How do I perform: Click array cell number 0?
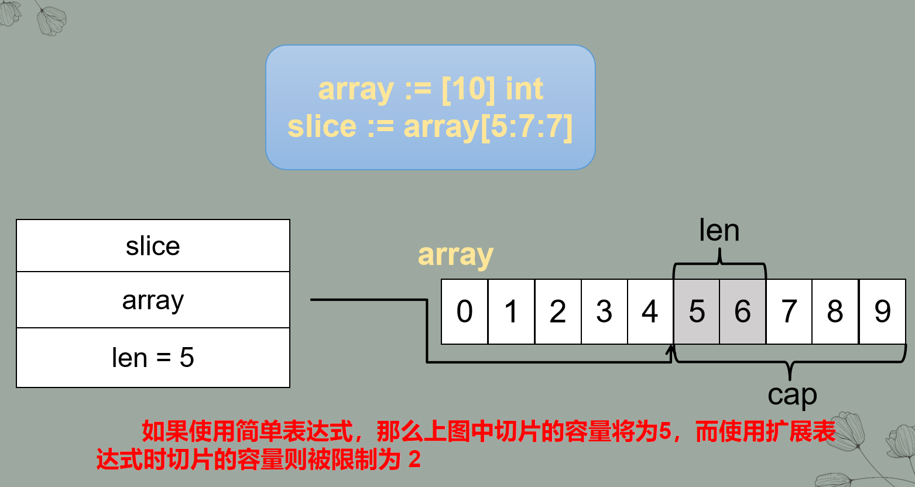click(x=464, y=311)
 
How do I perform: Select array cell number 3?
click(x=604, y=311)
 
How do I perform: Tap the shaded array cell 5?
click(x=697, y=311)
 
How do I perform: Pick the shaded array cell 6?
click(x=742, y=311)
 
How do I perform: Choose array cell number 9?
click(x=882, y=311)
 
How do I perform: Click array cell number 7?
click(x=789, y=311)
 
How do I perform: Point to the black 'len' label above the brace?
click(x=719, y=231)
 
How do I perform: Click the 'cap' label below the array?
click(x=792, y=395)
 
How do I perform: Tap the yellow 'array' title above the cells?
click(x=455, y=255)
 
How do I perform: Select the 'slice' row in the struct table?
click(x=153, y=246)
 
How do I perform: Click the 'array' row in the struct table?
click(x=153, y=300)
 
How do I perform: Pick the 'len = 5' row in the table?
click(x=153, y=358)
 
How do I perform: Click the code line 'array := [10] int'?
click(x=430, y=89)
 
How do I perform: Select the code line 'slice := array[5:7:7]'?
click(x=430, y=126)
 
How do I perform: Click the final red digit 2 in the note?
click(x=414, y=460)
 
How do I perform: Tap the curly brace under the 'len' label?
click(x=719, y=265)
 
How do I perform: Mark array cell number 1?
click(x=511, y=311)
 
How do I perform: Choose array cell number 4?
click(x=650, y=311)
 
